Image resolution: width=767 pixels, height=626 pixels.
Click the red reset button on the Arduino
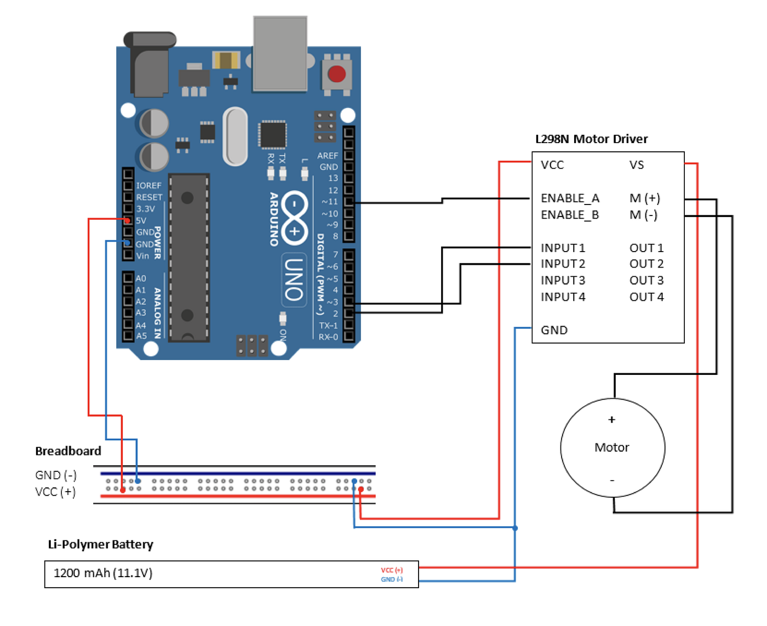click(336, 74)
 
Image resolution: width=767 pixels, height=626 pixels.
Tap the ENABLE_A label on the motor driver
click(570, 198)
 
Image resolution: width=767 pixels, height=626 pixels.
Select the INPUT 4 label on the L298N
click(563, 297)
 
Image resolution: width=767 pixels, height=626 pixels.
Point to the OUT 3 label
click(646, 280)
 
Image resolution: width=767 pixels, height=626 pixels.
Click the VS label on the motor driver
click(637, 165)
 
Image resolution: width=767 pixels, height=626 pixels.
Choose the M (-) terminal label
click(643, 215)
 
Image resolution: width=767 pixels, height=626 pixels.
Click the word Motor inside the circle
click(612, 447)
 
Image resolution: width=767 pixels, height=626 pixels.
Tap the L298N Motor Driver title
click(591, 139)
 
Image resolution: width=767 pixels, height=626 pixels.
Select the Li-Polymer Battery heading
click(100, 544)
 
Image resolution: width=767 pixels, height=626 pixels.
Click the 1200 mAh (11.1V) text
click(103, 573)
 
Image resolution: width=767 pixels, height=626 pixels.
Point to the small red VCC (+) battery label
click(392, 570)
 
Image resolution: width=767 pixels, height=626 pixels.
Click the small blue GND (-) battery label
click(392, 579)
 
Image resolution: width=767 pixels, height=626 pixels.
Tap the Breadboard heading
click(68, 451)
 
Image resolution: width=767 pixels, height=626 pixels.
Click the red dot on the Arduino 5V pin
click(127, 220)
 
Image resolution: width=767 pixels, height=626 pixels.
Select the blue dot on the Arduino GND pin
click(127, 243)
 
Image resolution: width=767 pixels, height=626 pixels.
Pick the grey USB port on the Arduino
click(280, 54)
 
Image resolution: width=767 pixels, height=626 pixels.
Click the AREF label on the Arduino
click(327, 156)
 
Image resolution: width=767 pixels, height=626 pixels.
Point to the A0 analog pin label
click(141, 278)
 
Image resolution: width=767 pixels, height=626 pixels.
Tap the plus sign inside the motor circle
click(612, 420)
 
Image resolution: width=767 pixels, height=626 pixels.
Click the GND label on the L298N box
click(554, 330)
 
